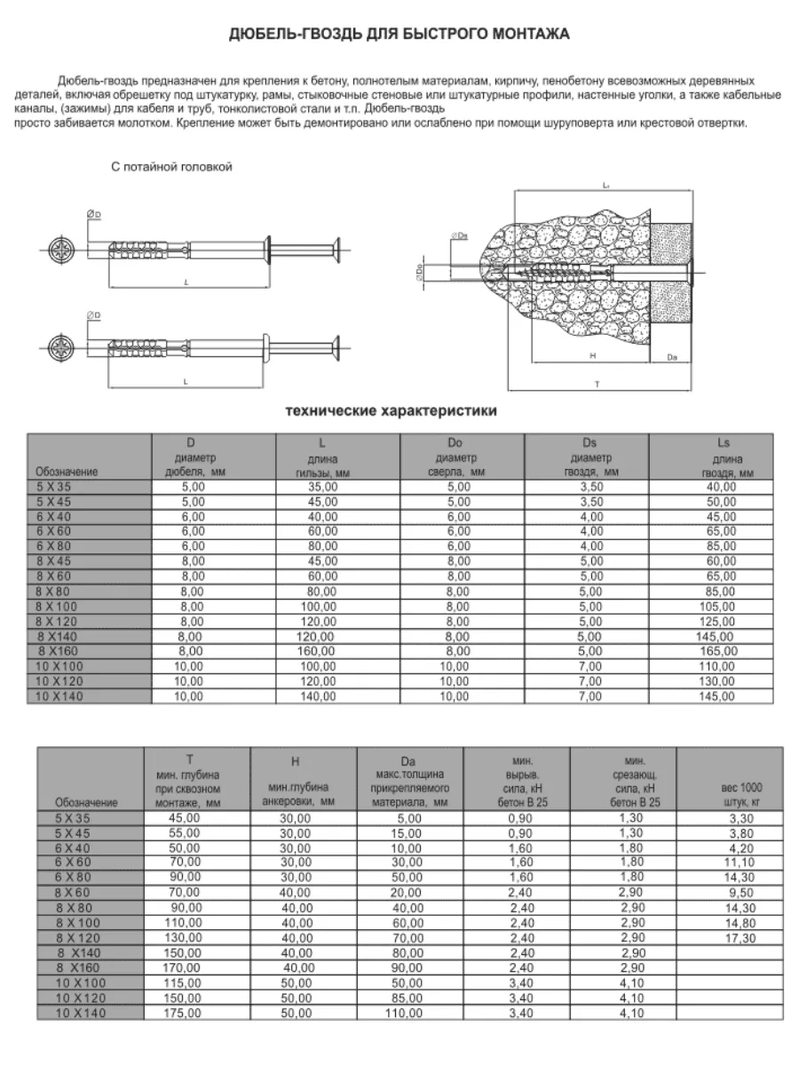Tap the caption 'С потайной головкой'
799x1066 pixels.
point(171,167)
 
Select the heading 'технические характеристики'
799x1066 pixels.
point(391,411)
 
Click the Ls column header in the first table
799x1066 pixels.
point(721,457)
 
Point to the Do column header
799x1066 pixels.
point(463,457)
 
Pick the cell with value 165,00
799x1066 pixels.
point(720,650)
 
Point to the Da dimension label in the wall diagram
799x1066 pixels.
point(672,356)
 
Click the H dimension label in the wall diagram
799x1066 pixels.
point(592,354)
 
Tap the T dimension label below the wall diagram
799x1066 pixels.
point(597,383)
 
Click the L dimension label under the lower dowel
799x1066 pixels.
point(186,380)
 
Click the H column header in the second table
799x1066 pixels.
point(296,762)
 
